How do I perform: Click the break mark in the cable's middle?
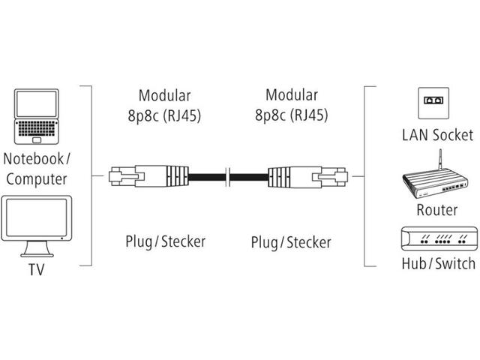point(229,178)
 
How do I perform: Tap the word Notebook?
point(33,158)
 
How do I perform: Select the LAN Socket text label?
point(437,135)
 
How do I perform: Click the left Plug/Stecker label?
point(165,241)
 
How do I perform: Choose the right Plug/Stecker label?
point(291,241)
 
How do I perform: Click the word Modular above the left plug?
point(165,95)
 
